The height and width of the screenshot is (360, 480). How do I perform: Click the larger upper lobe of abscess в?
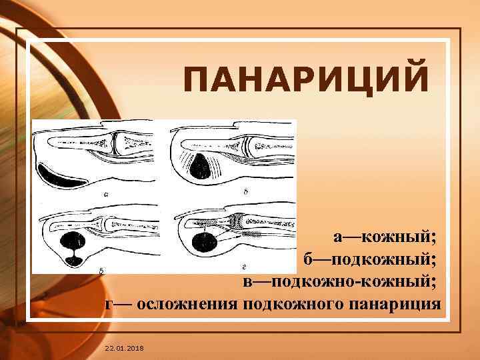click(x=71, y=239)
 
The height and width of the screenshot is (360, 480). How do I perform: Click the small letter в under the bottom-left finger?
click(x=101, y=271)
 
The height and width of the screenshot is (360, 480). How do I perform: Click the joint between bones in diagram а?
click(x=115, y=141)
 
